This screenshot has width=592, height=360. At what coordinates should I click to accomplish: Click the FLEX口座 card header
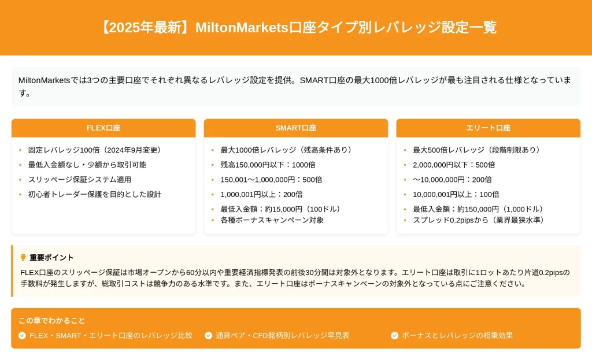coord(103,128)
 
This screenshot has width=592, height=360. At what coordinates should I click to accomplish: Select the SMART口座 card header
coord(295,128)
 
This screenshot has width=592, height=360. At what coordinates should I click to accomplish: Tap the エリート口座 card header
coord(488,128)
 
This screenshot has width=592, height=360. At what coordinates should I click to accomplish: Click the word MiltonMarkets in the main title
coord(242,27)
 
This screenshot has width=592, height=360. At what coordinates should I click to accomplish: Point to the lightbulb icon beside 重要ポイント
coord(23,257)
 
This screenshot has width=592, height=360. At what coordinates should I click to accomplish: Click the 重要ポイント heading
coord(51,257)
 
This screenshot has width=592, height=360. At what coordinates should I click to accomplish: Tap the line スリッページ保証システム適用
coord(80,180)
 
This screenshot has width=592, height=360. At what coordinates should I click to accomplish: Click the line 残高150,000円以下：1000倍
coord(268,165)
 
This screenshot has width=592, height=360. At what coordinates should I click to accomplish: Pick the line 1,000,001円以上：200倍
coord(261,194)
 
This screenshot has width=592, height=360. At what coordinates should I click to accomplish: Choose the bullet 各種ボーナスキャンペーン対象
coord(272,220)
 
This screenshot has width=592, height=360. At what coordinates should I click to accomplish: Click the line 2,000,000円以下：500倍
coord(453,165)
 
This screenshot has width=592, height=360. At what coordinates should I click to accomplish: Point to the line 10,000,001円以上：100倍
coord(456,194)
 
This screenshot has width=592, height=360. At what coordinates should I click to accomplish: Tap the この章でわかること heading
coord(51,320)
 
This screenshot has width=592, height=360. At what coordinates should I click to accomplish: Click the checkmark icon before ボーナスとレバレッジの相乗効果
coord(394,336)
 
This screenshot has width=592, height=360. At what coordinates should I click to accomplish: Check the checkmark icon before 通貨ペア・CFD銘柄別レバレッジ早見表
coord(208,336)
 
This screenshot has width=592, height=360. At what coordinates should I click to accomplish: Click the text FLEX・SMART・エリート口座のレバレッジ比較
coord(111,336)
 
